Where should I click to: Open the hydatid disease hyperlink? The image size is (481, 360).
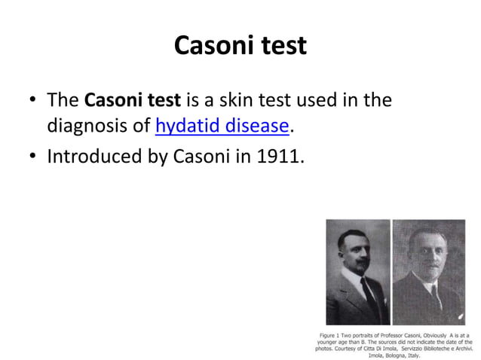pyautogui.click(x=222, y=126)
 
